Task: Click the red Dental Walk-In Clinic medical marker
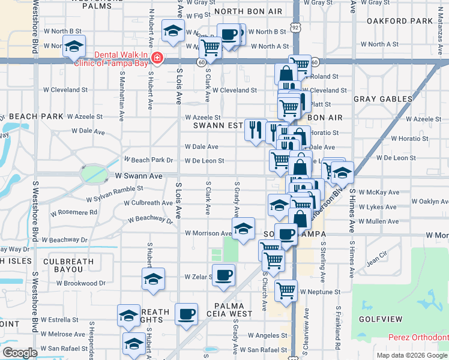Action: point(157,58)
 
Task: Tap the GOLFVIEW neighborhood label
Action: point(381,318)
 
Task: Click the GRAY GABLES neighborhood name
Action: point(383,99)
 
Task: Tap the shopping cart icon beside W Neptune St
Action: point(286,290)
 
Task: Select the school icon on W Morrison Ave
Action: point(243,229)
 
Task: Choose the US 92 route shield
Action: point(295,28)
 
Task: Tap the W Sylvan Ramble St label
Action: point(115,192)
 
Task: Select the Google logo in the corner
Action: point(20,353)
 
